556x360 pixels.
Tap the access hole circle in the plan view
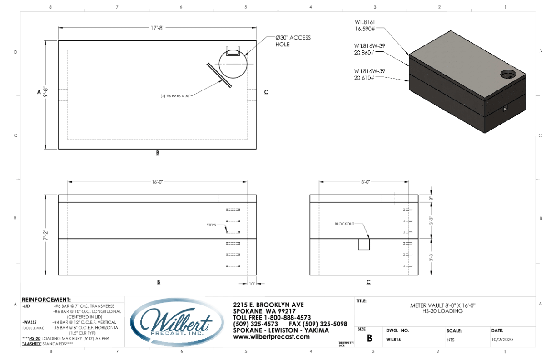[233, 65]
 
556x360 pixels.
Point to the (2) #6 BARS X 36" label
[174, 95]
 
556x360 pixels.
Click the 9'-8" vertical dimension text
[45, 93]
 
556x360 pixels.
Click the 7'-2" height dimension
[45, 235]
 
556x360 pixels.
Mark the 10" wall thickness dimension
[252, 284]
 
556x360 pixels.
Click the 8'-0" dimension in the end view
[365, 182]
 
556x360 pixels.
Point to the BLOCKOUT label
[343, 224]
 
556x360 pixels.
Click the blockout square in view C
[364, 244]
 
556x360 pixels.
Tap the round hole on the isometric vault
[508, 74]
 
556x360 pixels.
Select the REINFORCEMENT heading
[46, 300]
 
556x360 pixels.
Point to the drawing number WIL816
[393, 339]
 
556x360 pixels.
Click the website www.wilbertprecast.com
[271, 337]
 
